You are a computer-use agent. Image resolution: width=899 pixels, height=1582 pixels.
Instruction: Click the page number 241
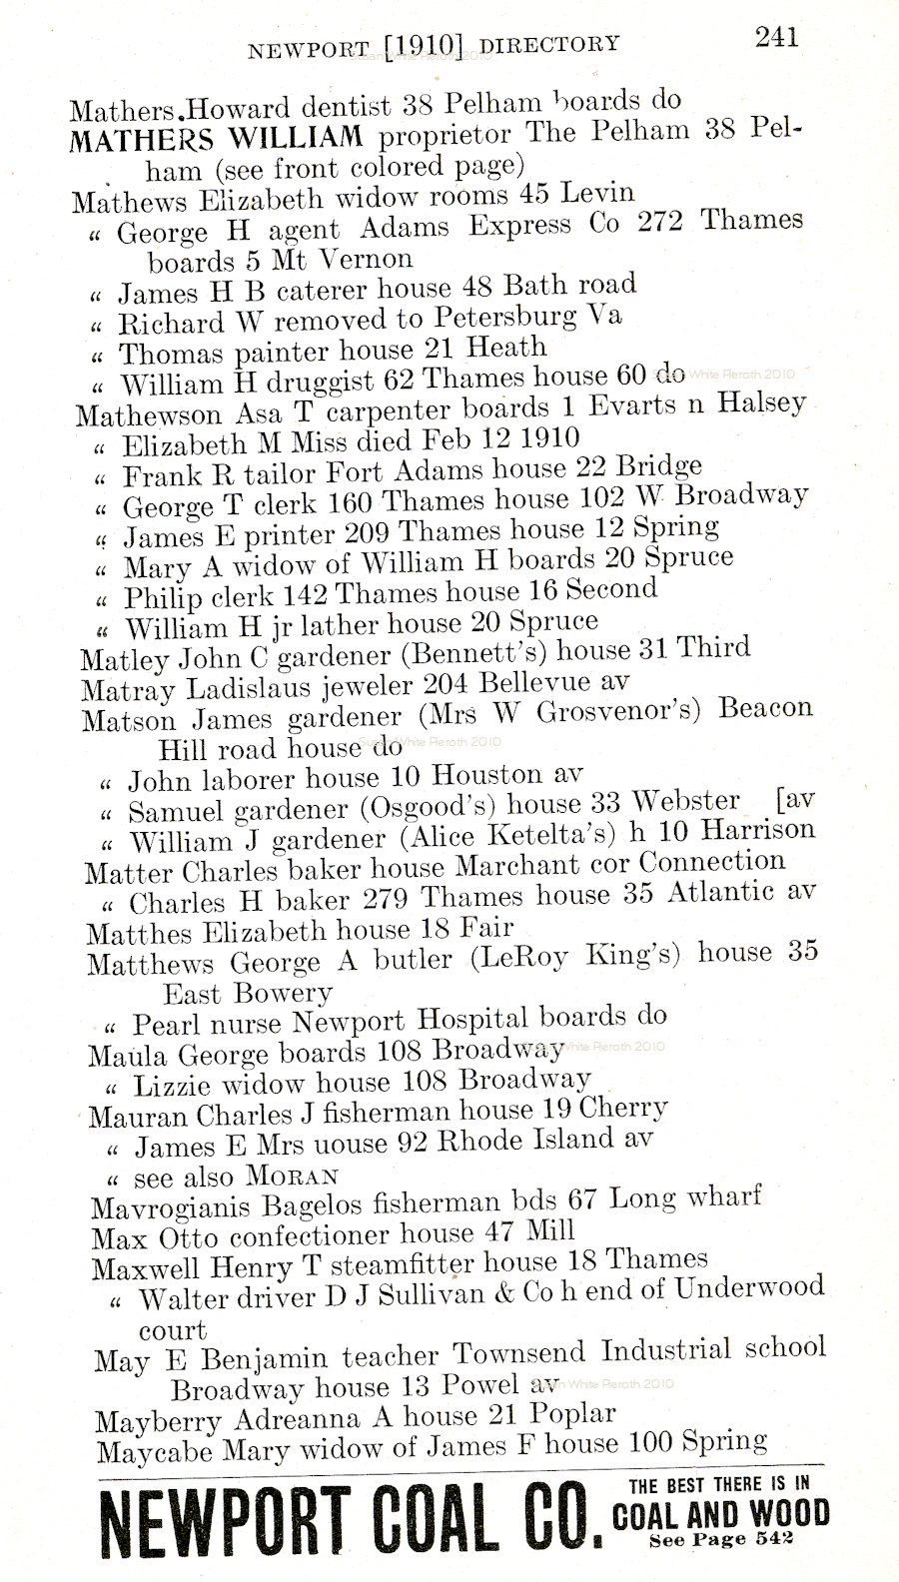pyautogui.click(x=776, y=38)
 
